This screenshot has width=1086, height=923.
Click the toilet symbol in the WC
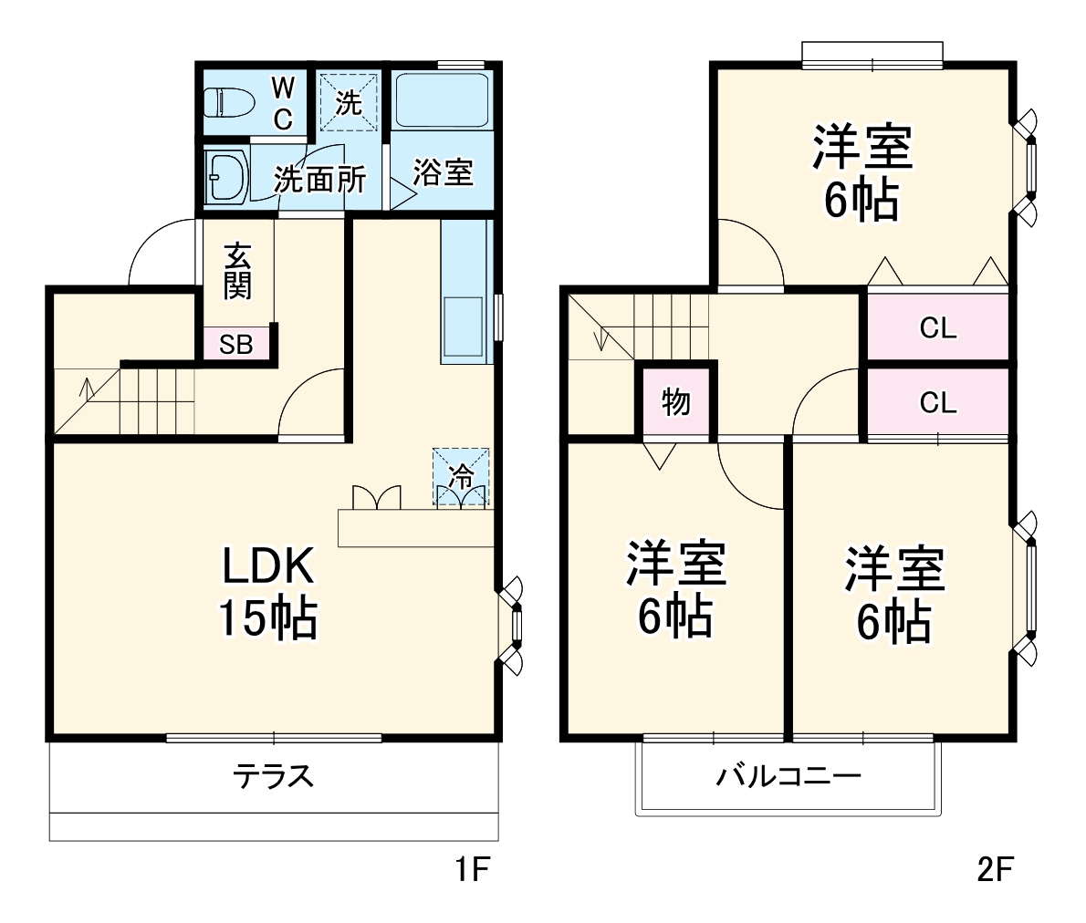click(229, 102)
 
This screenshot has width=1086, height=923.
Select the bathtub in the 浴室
click(443, 99)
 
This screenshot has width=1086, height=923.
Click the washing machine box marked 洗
click(348, 103)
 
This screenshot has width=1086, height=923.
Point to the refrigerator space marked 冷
click(461, 476)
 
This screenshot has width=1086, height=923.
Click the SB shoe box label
click(236, 345)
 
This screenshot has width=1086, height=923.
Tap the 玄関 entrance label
click(236, 271)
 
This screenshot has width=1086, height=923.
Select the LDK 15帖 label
click(267, 592)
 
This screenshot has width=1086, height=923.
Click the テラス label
click(273, 776)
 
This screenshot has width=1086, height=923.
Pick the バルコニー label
click(788, 776)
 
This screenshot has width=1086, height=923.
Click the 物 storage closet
click(676, 401)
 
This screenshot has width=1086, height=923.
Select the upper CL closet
click(937, 327)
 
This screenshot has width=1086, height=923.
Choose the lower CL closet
click(937, 402)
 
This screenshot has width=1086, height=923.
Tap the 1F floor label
click(474, 870)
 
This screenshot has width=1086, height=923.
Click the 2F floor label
click(995, 870)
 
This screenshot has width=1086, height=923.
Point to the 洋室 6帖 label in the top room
click(862, 174)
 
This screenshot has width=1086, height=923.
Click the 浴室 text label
click(443, 172)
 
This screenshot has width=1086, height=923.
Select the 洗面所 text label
click(320, 179)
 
